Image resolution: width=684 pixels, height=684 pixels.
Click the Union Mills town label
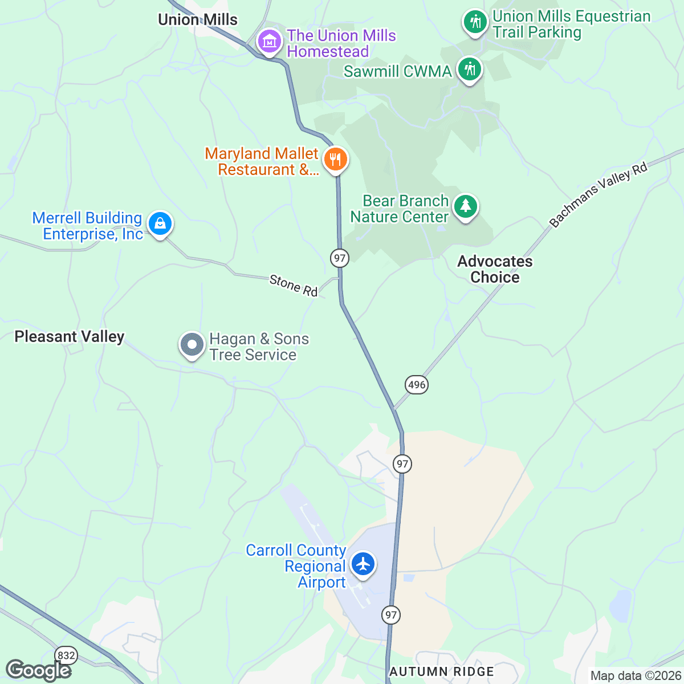pos(198,20)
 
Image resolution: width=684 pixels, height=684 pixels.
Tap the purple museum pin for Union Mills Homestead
pos(269,42)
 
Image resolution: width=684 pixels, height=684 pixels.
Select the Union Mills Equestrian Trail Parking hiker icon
pos(474,23)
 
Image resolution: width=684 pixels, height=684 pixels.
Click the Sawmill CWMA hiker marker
pos(469,70)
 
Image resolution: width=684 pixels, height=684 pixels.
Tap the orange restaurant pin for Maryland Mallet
pos(335,160)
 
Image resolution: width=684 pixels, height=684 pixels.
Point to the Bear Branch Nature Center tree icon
pos(466,207)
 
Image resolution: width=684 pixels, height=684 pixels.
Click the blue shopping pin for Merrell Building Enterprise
pos(160,224)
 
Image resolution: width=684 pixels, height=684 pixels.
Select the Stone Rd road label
pos(294,285)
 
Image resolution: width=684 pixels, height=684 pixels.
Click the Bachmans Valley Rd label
pos(598,195)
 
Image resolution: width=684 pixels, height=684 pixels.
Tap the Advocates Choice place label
pos(495,269)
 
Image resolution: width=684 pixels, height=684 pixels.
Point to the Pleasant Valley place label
pos(70,337)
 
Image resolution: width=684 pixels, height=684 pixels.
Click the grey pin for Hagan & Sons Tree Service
pos(192,345)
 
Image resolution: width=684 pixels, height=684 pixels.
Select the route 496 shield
pos(417,385)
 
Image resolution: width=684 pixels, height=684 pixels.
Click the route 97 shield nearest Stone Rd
pos(340,258)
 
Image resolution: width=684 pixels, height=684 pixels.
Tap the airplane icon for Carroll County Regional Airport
pos(363,564)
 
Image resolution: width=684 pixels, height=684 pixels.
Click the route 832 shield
pos(66,655)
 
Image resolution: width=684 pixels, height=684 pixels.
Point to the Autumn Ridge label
pos(442,672)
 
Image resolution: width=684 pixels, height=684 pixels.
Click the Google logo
pos(38,670)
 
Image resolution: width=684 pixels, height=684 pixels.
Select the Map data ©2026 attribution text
pos(635,676)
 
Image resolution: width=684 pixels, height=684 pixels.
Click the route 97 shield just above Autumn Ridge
pos(390,614)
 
